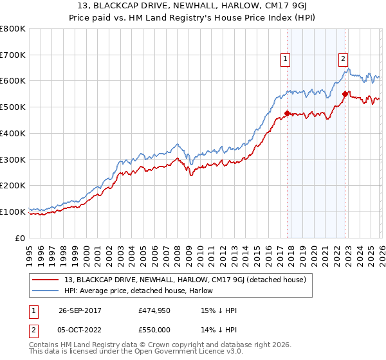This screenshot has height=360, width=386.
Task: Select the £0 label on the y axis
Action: (21, 238)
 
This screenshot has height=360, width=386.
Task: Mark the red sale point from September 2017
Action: (287, 114)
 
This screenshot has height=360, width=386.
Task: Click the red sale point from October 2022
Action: (345, 94)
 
